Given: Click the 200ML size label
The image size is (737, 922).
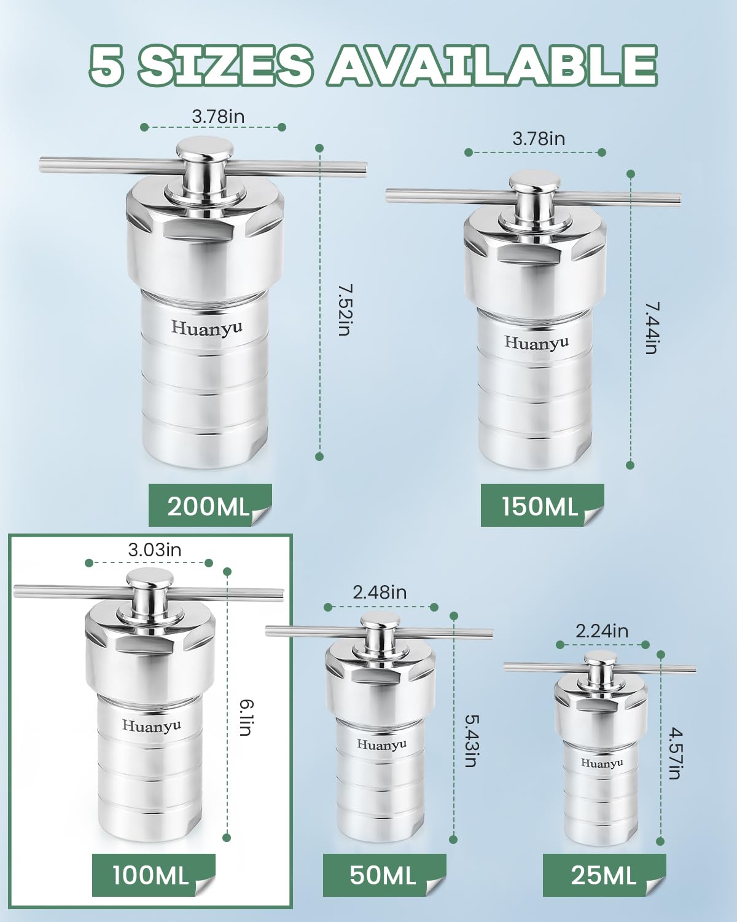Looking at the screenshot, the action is [x=208, y=507].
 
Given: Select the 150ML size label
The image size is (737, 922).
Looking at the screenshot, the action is [x=540, y=507].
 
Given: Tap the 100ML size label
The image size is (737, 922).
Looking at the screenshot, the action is [x=150, y=875].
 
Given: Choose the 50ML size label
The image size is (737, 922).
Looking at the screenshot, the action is [x=383, y=875].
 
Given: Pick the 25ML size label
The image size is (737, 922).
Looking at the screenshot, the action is [x=603, y=875].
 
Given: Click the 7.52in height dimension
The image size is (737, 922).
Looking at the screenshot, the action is [x=344, y=309].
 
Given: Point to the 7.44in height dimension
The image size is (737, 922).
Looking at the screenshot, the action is [x=652, y=328].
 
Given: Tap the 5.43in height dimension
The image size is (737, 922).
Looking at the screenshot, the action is [x=471, y=740].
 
